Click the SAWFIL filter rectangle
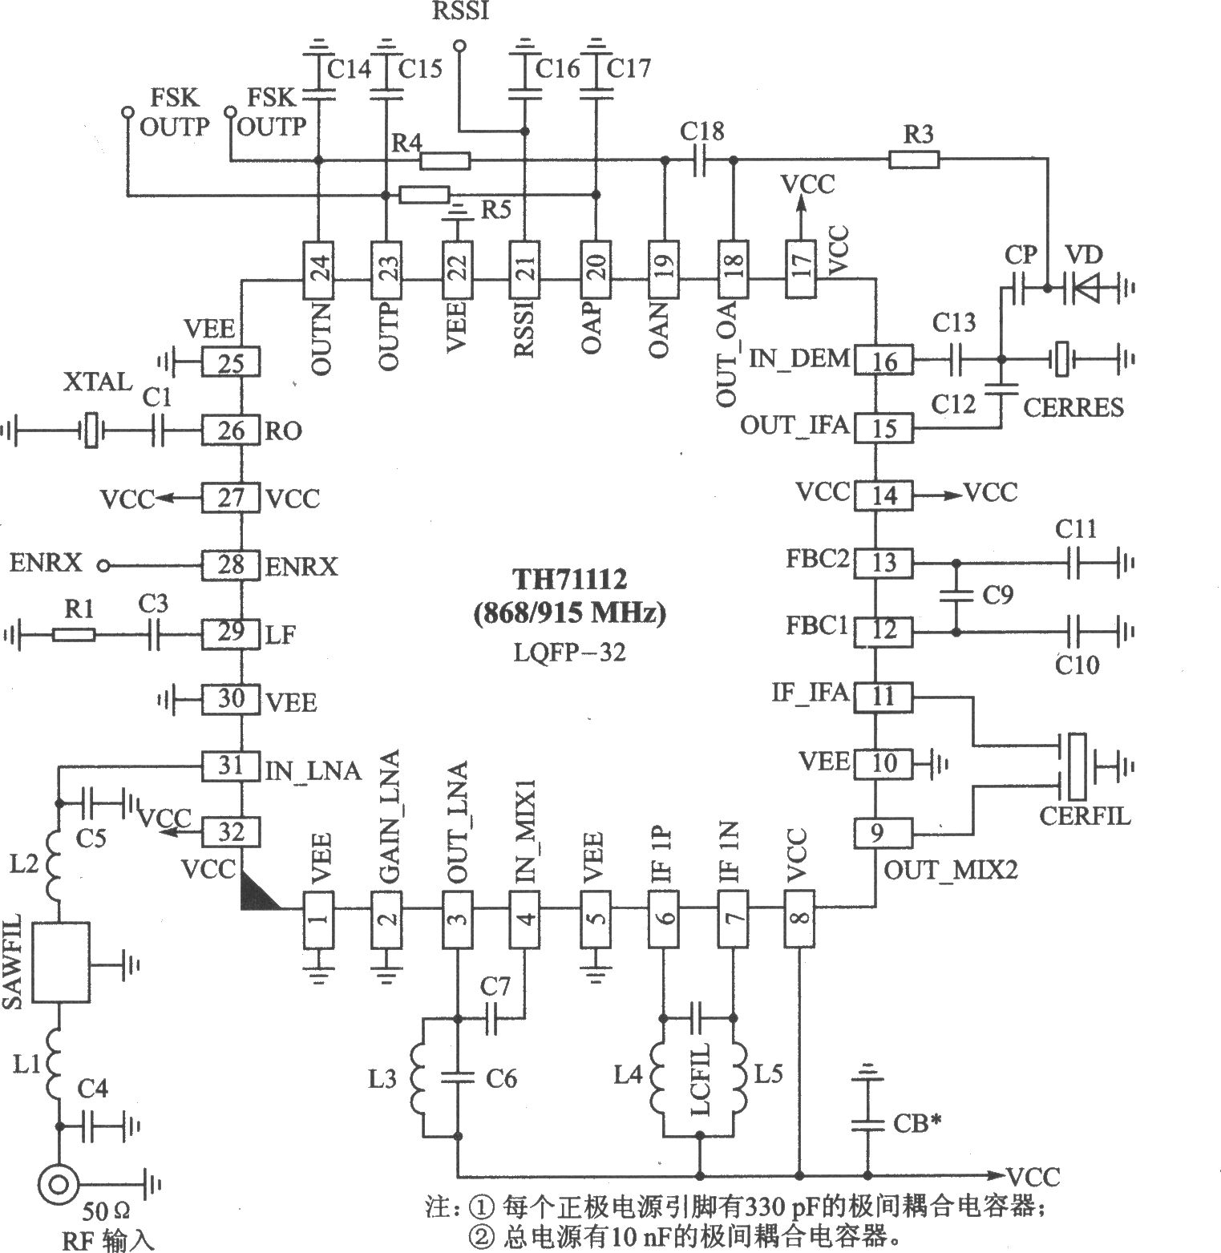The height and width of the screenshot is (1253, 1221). coord(61,961)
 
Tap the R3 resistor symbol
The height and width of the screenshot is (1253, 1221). coord(913,161)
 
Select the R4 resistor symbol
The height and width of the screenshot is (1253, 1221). coord(445,161)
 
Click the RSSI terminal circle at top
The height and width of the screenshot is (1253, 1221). coord(459,46)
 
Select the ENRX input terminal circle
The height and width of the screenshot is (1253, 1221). coord(103,567)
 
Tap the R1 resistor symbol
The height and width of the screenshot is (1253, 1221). coord(74,635)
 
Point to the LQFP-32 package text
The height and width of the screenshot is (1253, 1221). coord(570,652)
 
